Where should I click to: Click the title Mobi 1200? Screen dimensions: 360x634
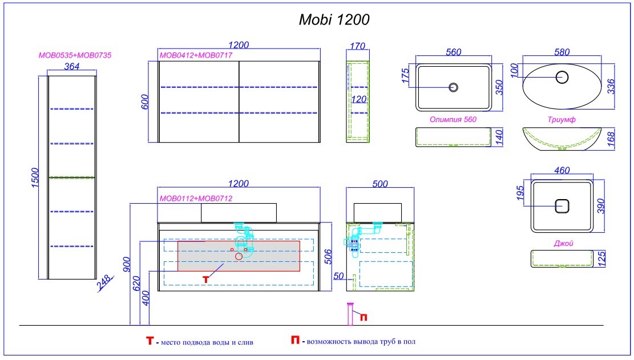click(x=334, y=20)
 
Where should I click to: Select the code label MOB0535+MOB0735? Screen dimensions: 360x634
click(x=74, y=56)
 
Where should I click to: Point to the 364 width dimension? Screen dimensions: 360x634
click(x=72, y=66)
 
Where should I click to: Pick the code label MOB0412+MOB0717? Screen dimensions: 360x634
click(x=196, y=56)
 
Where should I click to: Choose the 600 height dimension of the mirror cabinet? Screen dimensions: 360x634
click(x=145, y=102)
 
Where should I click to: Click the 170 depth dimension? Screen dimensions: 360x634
click(x=357, y=46)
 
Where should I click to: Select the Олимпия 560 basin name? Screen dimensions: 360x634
click(x=453, y=120)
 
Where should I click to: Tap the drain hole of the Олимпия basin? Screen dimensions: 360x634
click(x=454, y=87)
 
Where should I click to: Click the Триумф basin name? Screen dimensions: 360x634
click(x=561, y=120)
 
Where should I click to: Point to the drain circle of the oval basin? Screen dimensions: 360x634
click(x=563, y=76)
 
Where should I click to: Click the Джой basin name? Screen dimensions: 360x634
click(x=563, y=244)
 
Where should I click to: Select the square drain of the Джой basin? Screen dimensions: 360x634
click(x=563, y=205)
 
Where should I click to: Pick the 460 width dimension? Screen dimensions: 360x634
click(x=563, y=170)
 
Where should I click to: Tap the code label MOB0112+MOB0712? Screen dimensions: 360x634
click(x=196, y=199)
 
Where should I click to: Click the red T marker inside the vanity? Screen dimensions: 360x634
click(x=207, y=278)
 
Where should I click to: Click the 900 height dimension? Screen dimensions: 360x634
click(x=126, y=263)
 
